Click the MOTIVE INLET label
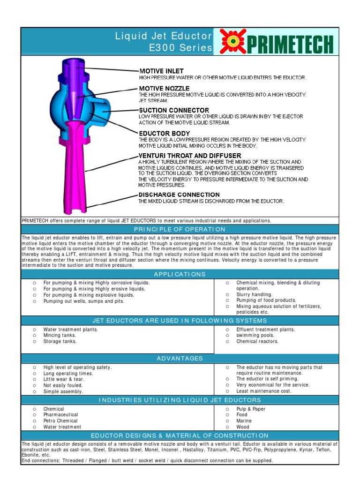pyautogui.click(x=157, y=71)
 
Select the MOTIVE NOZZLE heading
pyautogui.click(x=164, y=89)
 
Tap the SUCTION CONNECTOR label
pyautogui.click(x=173, y=110)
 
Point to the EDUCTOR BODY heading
pyautogui.click(x=164, y=134)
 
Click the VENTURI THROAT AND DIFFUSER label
pyautogui.click(x=190, y=156)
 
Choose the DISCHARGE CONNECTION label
pyautogui.click(x=179, y=195)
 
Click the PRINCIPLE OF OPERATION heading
pyautogui.click(x=180, y=229)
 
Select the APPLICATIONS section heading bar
pyautogui.click(x=180, y=274)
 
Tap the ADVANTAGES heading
pyautogui.click(x=180, y=359)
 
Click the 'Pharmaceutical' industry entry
pyautogui.click(x=60, y=415)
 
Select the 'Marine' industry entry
pyautogui.click(x=244, y=421)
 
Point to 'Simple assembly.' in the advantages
pyautogui.click(x=63, y=391)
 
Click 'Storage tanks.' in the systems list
pyautogui.click(x=60, y=342)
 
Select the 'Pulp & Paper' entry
pyautogui.click(x=251, y=409)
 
